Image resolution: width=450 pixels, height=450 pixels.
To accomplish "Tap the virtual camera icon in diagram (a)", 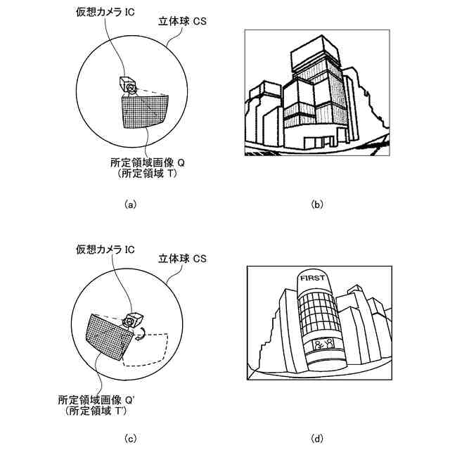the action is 127,84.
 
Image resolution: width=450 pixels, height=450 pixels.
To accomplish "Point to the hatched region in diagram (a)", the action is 145,110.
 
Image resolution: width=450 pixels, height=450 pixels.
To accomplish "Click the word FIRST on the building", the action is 314,278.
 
